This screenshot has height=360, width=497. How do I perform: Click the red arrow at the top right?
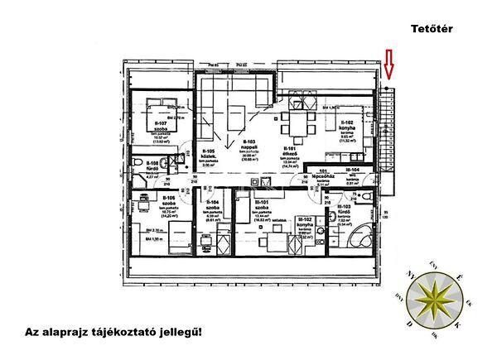pos(388,64)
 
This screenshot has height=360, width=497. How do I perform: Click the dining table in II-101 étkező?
pos(295,127)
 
